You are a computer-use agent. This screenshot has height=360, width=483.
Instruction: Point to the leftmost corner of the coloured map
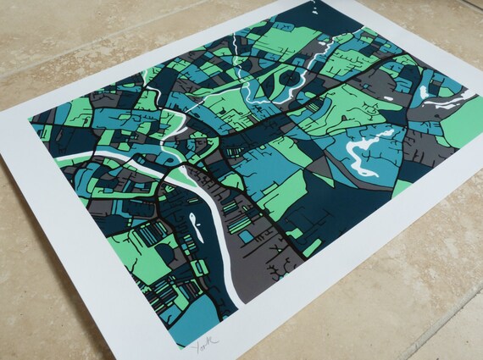click(29, 119)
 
